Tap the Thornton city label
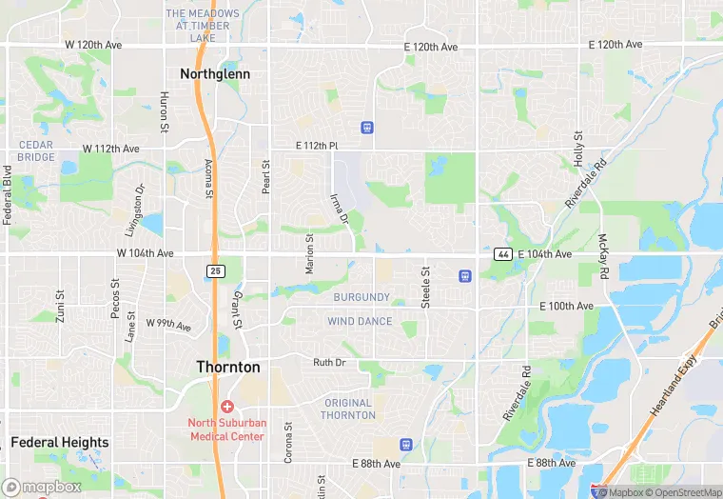(228, 367)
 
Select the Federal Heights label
(60, 443)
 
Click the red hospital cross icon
(227, 407)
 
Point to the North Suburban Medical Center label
(227, 429)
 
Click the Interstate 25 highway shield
(216, 271)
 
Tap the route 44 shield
(503, 254)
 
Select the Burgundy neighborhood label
(361, 297)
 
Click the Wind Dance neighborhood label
(360, 322)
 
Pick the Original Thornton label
(348, 409)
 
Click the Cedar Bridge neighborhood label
(36, 150)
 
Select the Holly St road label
(577, 150)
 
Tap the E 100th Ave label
(566, 306)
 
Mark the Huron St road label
(164, 111)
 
